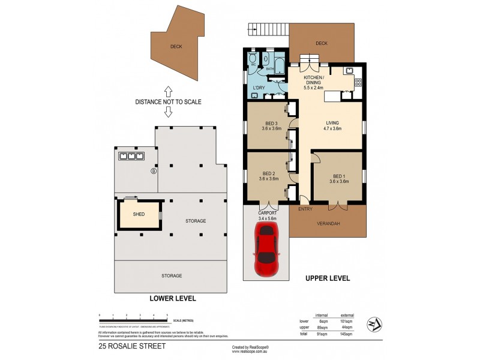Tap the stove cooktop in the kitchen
pyautogui.click(x=358, y=82)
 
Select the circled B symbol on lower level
pyautogui.click(x=154, y=171)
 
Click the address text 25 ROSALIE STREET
pyautogui.click(x=127, y=346)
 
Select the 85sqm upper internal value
pyautogui.click(x=322, y=327)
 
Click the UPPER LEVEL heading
pyautogui.click(x=327, y=278)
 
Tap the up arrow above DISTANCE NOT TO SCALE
pyautogui.click(x=169, y=91)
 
